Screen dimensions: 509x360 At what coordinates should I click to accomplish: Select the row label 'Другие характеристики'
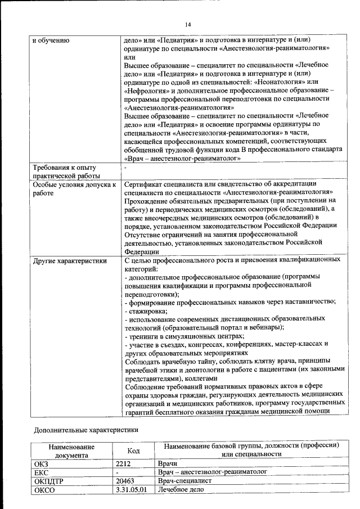coord(69,260)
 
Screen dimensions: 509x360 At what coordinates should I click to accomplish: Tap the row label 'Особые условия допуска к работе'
coord(74,188)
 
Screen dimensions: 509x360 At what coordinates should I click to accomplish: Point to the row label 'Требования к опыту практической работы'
coord(65,172)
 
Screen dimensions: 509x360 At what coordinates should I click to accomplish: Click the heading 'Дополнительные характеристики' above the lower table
coord(86,430)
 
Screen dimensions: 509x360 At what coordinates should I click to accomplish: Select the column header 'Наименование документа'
coord(71,451)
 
